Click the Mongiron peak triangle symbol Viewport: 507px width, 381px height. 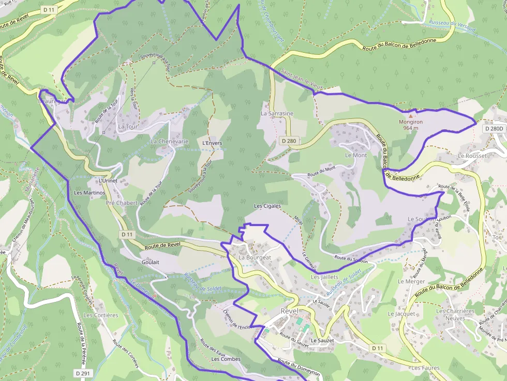[x=412, y=110]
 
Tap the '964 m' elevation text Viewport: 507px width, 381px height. [x=411, y=128]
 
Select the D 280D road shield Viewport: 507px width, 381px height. [x=494, y=128]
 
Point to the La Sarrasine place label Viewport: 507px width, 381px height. [x=277, y=113]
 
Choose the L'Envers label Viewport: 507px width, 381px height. [x=212, y=143]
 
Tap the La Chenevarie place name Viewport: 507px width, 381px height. [x=169, y=141]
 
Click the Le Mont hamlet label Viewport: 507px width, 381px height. [x=355, y=155]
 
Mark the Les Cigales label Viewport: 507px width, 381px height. [x=267, y=206]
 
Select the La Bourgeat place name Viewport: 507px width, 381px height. [x=255, y=257]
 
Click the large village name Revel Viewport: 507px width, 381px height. [x=290, y=311]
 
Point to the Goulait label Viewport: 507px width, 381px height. [x=150, y=263]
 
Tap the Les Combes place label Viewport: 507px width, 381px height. [x=226, y=359]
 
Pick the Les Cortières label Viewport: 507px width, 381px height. [x=101, y=315]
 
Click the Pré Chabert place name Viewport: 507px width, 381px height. [x=122, y=203]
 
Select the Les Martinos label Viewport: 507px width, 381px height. [x=90, y=193]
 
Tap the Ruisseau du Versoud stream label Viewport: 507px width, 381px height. [x=452, y=26]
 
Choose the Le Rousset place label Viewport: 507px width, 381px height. [x=472, y=156]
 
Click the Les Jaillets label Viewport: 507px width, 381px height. [x=324, y=277]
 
